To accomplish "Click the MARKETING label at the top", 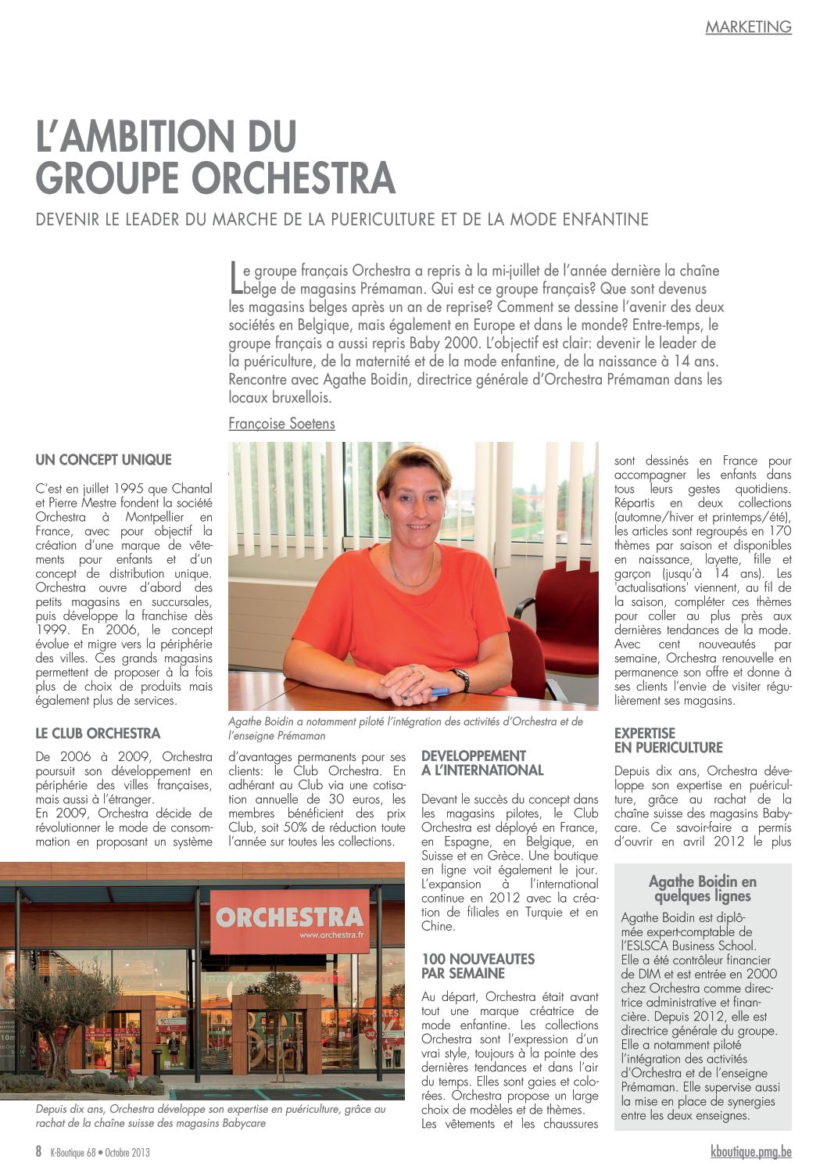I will click(748, 27).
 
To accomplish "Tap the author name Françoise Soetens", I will click(281, 424).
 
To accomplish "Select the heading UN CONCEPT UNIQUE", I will click(103, 460).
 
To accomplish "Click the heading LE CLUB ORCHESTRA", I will click(98, 734).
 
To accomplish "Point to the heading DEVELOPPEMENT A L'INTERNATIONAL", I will click(482, 763).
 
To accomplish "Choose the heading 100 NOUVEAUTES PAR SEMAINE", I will click(478, 967).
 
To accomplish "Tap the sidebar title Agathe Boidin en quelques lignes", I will click(702, 889).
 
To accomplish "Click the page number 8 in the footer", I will click(38, 1152).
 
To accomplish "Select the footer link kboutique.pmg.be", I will click(750, 1152).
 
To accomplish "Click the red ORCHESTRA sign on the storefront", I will click(289, 921).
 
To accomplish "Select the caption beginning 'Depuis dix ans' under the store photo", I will click(210, 1116).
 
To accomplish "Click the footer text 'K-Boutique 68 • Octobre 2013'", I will click(100, 1153).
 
